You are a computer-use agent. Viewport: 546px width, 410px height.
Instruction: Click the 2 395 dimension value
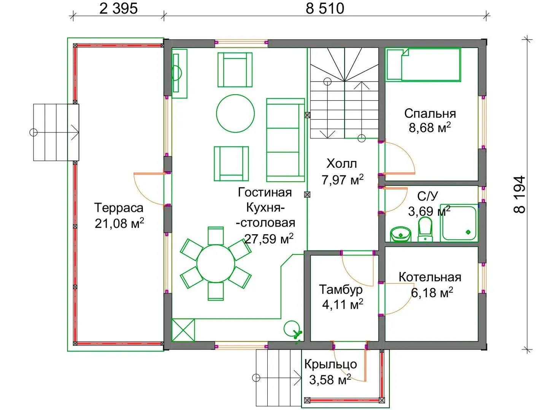point(118,9)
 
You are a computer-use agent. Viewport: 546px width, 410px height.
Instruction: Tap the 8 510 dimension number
point(325,9)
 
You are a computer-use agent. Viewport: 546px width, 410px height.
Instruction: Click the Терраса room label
point(119,208)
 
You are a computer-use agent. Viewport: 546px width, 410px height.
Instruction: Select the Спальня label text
point(430,114)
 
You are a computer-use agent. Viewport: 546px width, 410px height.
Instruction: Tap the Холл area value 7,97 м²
point(343,180)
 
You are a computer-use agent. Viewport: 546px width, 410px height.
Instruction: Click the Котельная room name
point(430,277)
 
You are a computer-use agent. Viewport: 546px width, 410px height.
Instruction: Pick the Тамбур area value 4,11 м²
point(343,304)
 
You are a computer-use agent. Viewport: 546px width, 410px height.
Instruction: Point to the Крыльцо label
point(330,364)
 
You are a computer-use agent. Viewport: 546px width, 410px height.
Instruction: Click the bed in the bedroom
point(423,65)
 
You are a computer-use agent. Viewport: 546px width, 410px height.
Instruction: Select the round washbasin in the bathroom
point(400,234)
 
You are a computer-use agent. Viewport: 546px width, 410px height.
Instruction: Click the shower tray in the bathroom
point(459,223)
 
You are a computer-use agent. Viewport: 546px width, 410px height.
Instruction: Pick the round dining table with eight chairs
point(216,263)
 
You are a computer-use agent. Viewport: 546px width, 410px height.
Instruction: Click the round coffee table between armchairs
point(235,113)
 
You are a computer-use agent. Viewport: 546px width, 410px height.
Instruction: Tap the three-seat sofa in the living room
point(286,140)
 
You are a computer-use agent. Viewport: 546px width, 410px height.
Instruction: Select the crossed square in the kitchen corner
point(183,330)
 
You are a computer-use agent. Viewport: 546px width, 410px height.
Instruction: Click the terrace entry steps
point(56,132)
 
